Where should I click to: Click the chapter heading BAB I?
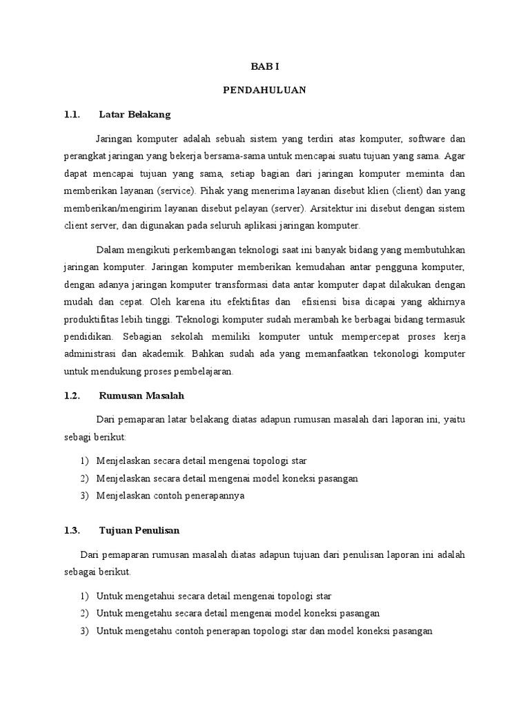pos(265,66)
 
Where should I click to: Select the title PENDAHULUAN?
pos(265,90)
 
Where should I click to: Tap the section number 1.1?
pos(72,114)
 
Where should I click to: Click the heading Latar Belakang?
pos(135,114)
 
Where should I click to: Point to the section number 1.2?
pos(72,396)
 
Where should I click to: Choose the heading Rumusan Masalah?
pos(142,396)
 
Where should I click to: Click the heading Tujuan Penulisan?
pos(139,530)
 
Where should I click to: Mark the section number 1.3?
pos(72,530)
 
